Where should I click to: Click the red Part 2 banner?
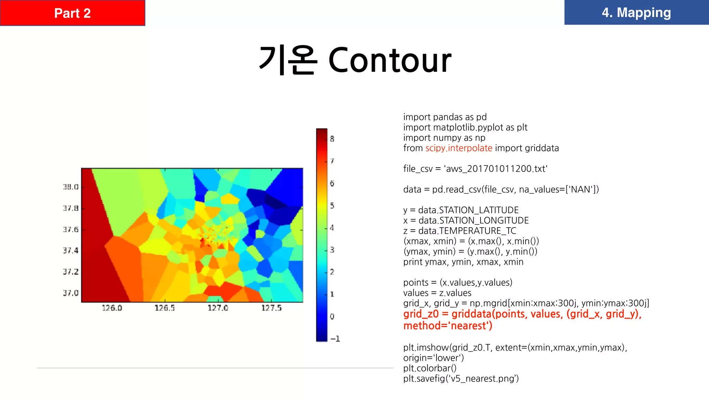pos(72,13)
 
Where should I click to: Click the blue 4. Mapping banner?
pos(636,12)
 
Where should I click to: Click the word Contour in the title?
pos(389,60)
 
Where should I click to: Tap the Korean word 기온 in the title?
pos(288,60)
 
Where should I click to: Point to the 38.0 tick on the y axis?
pos(71,187)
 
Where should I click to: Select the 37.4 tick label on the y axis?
pos(71,250)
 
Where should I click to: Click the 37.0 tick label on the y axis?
pos(71,293)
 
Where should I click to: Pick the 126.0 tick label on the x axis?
pos(112,308)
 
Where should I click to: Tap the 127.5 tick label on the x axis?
pos(271,308)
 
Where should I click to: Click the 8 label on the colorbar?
pos(332,139)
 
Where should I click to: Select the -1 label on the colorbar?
pos(335,338)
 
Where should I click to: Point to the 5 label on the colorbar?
pos(332,205)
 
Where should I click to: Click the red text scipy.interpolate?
pos(459,148)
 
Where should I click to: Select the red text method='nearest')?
pos(448,326)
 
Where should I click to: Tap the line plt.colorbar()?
pos(430,368)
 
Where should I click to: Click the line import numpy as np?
pos(444,138)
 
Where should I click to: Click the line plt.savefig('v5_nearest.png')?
pos(461,379)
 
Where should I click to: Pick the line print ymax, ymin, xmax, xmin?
pos(463,262)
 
